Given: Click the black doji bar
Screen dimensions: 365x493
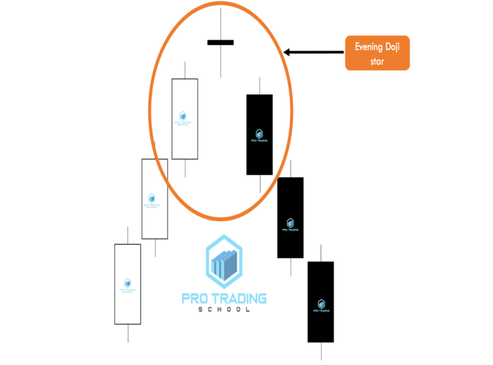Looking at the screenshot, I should pos(220,42).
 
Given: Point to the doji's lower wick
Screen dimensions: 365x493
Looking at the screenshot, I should pos(220,61).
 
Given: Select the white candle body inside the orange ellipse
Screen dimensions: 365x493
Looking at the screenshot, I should pos(185,118).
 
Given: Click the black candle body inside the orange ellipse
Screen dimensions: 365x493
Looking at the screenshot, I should pos(259,134).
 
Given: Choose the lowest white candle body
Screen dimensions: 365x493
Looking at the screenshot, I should pos(127,283).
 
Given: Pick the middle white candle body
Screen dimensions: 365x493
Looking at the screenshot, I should pos(155,199).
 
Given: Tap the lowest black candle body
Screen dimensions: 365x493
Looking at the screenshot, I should pos(320,301).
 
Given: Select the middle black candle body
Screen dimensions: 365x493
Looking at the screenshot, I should pos(290,217).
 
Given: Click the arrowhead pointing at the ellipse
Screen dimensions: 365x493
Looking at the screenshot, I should pos(287,52).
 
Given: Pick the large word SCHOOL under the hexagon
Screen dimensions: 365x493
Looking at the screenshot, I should pos(224,310).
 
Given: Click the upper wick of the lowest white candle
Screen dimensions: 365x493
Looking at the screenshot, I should pos(128,235).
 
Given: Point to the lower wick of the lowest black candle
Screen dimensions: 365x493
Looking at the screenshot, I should pos(320,351).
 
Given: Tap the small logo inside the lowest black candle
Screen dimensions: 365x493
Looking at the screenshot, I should pos(321,303).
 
